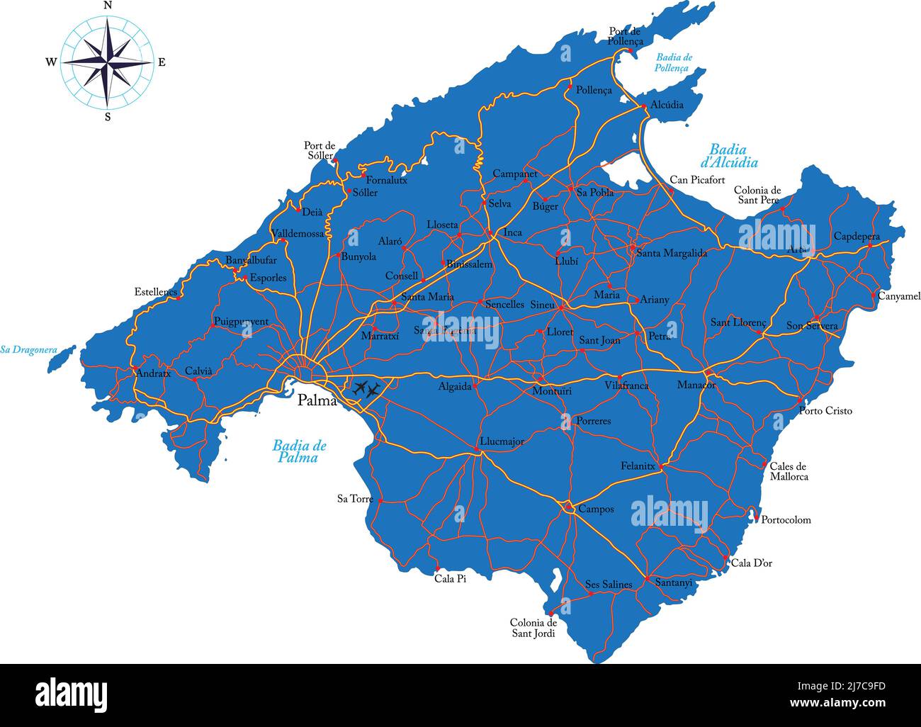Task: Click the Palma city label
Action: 317,400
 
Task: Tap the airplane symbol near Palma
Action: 366,388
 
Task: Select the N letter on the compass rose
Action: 108,6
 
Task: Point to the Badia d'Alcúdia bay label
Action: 733,156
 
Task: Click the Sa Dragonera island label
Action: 28,349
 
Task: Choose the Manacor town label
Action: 696,385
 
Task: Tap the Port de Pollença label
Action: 624,37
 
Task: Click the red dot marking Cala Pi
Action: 437,569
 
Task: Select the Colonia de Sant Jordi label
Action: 533,628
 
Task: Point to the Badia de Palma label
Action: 299,451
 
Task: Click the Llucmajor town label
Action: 502,441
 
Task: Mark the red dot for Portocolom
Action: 756,519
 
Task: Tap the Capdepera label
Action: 857,236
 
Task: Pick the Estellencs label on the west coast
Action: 157,291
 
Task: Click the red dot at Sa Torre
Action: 380,500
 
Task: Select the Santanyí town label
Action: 673,582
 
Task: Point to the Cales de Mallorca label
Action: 789,471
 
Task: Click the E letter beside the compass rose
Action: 162,62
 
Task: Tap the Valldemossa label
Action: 298,233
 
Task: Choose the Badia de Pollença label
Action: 674,62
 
